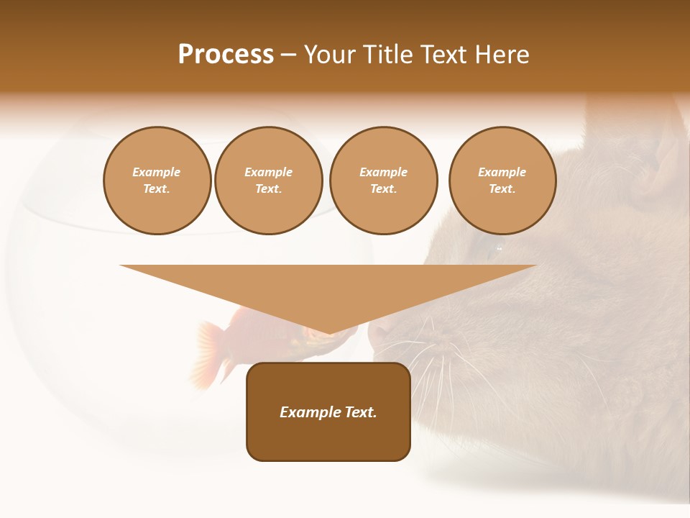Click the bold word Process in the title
pos(226,55)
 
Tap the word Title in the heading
pos(386,55)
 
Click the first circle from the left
pos(157,181)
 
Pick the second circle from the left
pos(269,181)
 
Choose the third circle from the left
pos(384,181)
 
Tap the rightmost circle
pos(502,181)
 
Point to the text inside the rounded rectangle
pos(328,412)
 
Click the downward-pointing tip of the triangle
pos(328,332)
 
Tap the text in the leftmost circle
pos(157,181)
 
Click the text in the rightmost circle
pos(502,181)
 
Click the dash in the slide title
pos(288,55)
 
